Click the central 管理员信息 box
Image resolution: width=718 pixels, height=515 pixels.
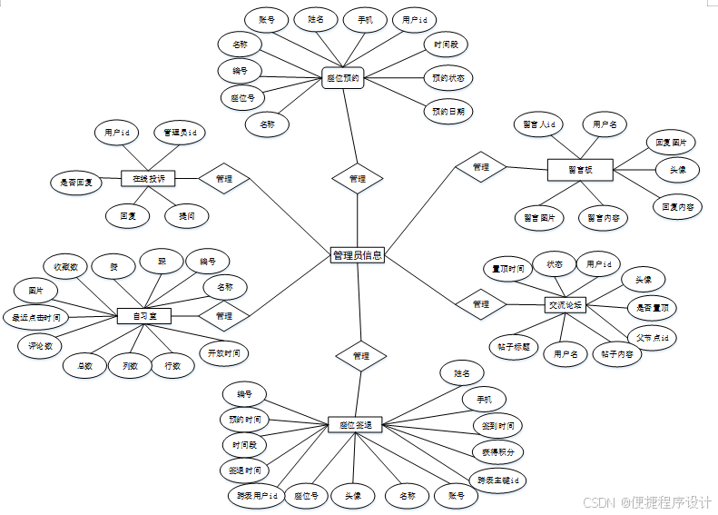click(358, 256)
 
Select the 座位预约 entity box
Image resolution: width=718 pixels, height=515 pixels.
click(342, 78)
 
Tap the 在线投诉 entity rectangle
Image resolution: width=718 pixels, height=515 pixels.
click(148, 179)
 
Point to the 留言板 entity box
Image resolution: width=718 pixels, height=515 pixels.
click(581, 168)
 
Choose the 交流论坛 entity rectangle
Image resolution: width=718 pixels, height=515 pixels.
click(566, 305)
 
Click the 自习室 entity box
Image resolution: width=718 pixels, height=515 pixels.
click(144, 316)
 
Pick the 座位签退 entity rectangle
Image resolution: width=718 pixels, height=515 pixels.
click(355, 425)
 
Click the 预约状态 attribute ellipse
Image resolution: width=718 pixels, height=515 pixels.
click(448, 78)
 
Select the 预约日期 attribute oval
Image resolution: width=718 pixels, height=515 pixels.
click(448, 112)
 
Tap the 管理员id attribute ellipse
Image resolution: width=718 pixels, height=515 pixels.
click(180, 133)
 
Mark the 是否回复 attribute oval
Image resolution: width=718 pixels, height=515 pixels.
click(76, 182)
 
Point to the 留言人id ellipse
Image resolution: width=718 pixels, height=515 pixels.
click(539, 124)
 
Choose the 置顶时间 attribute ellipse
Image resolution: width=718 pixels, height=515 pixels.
click(508, 269)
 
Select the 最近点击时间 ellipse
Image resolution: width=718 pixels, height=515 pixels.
click(36, 318)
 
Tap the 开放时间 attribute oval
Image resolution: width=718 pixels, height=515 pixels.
click(224, 352)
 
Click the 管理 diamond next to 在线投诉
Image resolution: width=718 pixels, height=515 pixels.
click(224, 179)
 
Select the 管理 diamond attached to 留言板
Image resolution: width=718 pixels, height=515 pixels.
click(481, 167)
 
